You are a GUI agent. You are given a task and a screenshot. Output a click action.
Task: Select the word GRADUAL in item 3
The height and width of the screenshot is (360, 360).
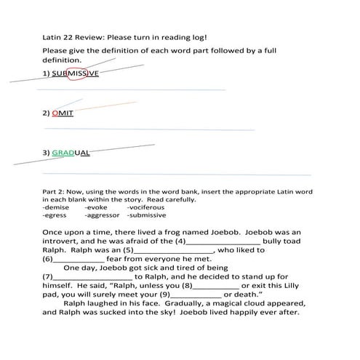pyautogui.click(x=71, y=153)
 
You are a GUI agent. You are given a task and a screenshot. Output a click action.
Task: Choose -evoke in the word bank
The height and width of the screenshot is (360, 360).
pyautogui.click(x=96, y=207)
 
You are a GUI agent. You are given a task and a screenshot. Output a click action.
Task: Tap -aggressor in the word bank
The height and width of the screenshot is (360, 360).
pyautogui.click(x=103, y=215)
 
